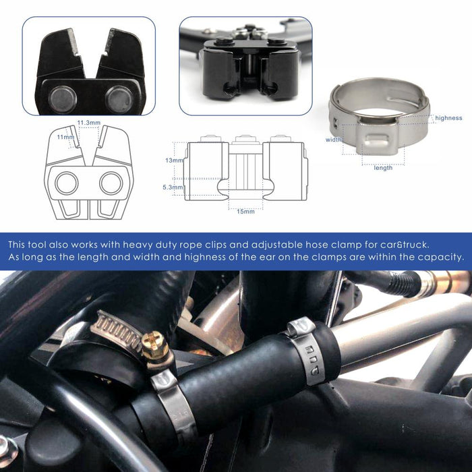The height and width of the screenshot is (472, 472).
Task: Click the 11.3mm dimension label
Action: pos(89,123)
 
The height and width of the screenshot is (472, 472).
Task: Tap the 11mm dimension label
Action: pos(65,137)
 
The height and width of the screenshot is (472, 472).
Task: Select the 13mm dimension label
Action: pos(174,160)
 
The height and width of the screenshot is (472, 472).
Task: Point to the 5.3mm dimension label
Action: pos(173,187)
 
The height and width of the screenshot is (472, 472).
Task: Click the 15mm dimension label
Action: pos(245,212)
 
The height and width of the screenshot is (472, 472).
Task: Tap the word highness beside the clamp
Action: pos(448,118)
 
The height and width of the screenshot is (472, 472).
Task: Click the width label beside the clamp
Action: pos(334,140)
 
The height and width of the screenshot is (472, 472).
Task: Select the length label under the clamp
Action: pos(383,168)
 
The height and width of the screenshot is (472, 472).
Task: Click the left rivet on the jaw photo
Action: pos(62,99)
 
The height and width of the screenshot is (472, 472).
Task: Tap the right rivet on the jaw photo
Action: pos(119,99)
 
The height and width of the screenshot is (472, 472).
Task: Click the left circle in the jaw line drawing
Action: pos(67,183)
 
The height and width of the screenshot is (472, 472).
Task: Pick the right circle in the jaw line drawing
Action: pos(111,183)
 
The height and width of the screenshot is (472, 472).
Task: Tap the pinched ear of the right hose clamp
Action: pos(301,326)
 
